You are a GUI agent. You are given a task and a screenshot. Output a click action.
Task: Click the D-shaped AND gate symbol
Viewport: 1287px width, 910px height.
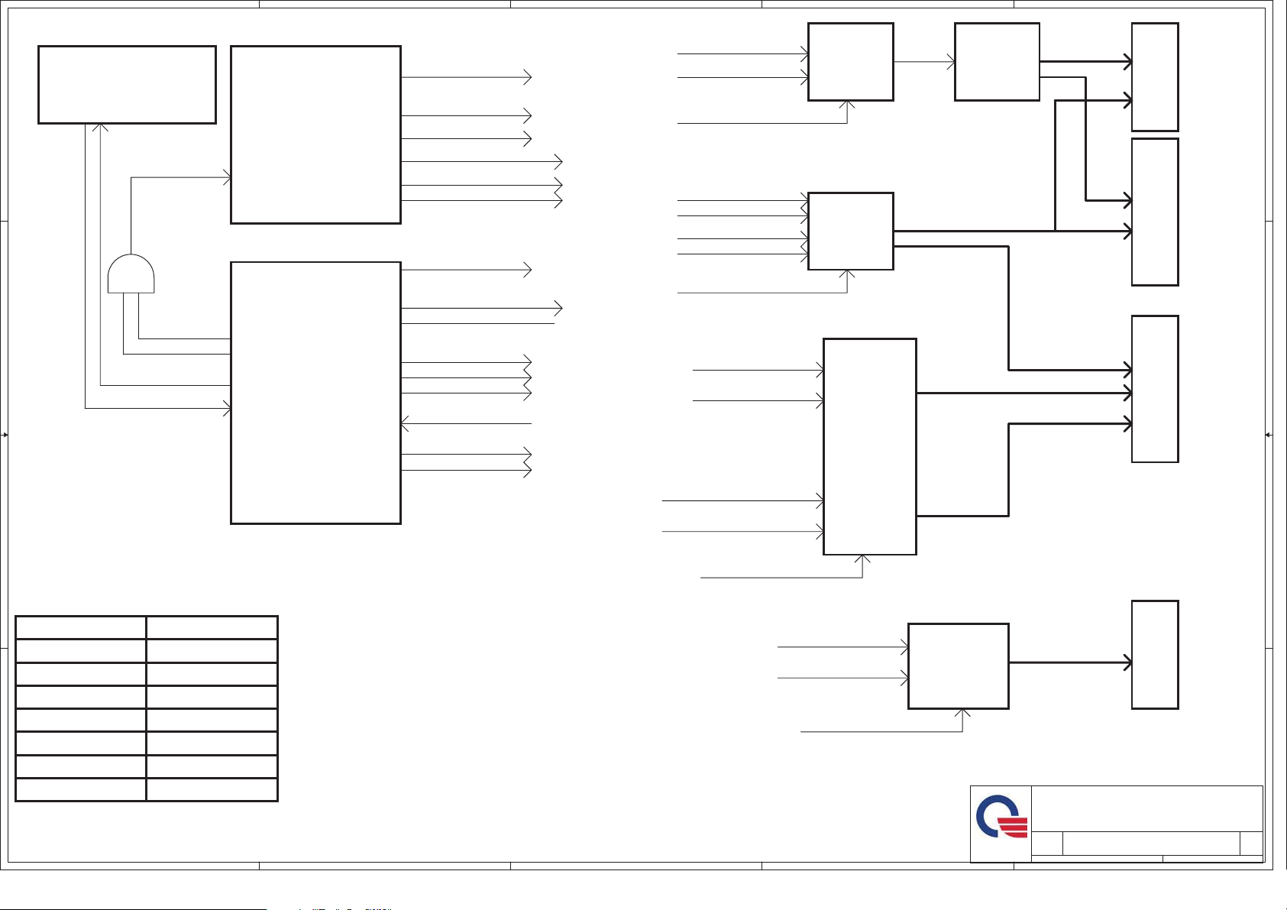tap(131, 274)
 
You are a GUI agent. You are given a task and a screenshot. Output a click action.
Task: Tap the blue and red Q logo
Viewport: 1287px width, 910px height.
tap(1001, 817)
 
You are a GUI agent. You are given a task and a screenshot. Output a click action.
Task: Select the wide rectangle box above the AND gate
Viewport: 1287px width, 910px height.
tap(127, 84)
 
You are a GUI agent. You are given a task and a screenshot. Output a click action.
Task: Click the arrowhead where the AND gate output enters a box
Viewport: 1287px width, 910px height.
tap(227, 178)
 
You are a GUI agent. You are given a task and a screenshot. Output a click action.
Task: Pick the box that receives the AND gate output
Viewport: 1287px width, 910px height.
tap(315, 134)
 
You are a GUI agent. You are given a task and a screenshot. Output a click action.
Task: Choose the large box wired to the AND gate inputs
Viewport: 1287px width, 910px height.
tap(315, 393)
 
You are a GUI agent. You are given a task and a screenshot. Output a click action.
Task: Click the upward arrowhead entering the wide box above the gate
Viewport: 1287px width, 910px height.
tap(101, 127)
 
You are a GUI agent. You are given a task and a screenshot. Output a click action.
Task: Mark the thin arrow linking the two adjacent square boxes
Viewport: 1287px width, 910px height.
tap(924, 62)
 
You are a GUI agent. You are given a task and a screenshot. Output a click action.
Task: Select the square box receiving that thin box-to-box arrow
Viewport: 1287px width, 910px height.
tap(997, 62)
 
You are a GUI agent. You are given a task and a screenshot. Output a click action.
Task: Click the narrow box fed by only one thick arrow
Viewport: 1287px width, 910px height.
tap(1155, 655)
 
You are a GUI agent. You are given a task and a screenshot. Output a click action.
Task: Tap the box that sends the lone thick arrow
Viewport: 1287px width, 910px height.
tap(958, 665)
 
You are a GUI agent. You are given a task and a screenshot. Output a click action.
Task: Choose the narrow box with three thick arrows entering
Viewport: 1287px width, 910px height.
tap(1155, 389)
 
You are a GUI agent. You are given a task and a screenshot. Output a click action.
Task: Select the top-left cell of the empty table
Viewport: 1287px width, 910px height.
tap(81, 627)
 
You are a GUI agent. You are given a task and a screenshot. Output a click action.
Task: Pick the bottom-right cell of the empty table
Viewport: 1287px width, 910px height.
tap(212, 790)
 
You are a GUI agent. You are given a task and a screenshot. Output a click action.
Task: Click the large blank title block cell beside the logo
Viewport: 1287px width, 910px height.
tap(1146, 809)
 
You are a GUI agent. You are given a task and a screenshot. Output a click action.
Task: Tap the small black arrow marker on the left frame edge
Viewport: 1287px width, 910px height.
tap(5, 435)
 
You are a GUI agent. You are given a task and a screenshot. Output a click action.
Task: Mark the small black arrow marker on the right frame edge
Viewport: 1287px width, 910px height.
tap(1268, 435)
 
